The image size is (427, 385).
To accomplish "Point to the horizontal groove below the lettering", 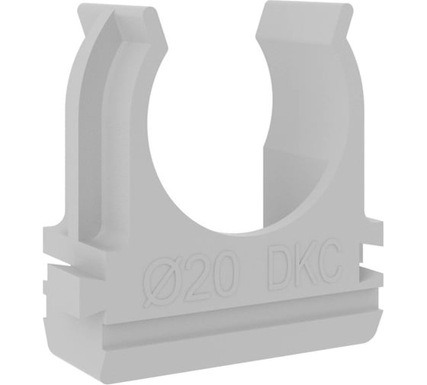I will (x=229, y=313).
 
